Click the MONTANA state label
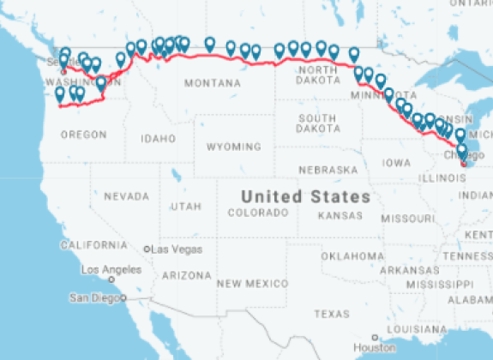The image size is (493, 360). (x=212, y=83)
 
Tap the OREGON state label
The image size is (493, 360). (x=84, y=135)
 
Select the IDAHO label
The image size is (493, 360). (x=158, y=138)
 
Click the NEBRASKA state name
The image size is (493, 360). (x=328, y=169)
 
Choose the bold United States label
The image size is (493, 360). (x=305, y=196)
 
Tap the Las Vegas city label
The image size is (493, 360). (x=177, y=249)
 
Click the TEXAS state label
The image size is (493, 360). (x=328, y=314)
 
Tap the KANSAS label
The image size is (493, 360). (x=340, y=215)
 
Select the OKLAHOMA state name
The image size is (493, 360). (x=352, y=255)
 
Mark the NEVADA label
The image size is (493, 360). (x=126, y=196)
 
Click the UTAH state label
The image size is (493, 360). (x=185, y=207)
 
